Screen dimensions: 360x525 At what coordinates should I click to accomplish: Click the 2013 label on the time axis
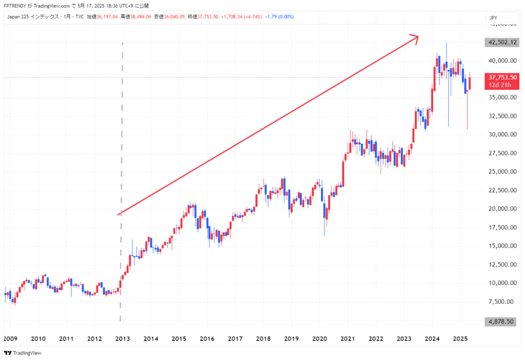pyautogui.click(x=122, y=338)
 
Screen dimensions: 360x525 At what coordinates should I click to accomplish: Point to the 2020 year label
pyautogui.click(x=319, y=338)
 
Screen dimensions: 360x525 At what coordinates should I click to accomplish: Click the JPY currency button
pyautogui.click(x=494, y=18)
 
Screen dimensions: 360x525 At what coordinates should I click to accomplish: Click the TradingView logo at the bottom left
pyautogui.click(x=23, y=353)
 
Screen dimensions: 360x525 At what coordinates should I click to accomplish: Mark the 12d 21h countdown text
pyautogui.click(x=502, y=85)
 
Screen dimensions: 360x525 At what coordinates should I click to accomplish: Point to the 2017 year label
pyautogui.click(x=235, y=338)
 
